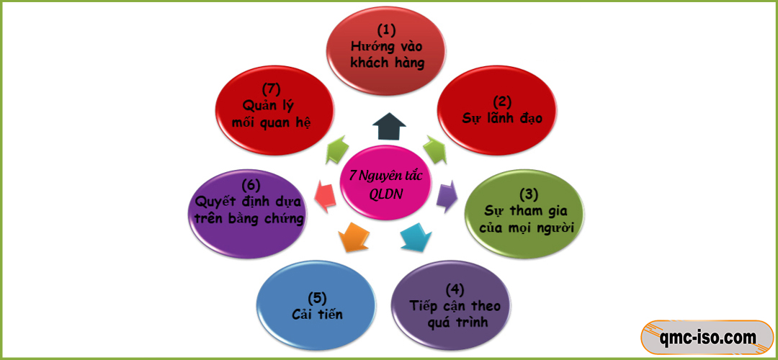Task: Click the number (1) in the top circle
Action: coord(387,30)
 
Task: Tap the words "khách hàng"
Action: coord(387,62)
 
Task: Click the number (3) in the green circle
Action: coord(528,194)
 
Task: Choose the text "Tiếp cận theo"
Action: coord(455,305)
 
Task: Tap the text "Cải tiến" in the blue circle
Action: coord(317,314)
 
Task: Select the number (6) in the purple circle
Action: coord(249,185)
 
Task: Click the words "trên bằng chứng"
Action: coord(249,217)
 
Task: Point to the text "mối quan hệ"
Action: coord(272,121)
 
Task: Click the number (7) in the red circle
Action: coord(271,89)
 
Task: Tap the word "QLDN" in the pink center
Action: coord(386,194)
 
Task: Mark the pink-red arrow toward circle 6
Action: coord(325,194)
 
